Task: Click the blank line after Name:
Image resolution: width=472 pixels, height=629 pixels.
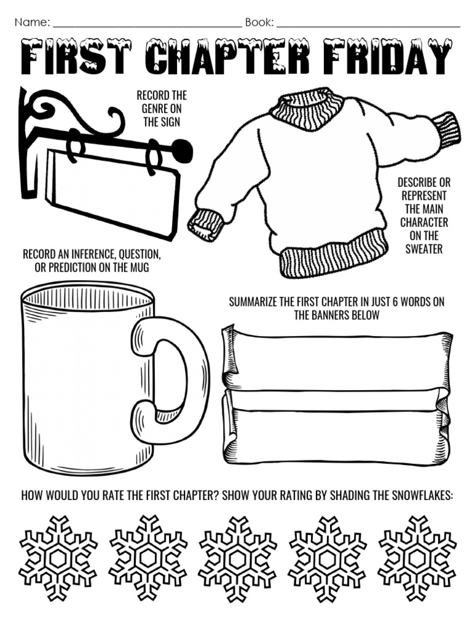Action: click(x=147, y=23)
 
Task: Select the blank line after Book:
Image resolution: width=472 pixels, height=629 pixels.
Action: click(x=368, y=23)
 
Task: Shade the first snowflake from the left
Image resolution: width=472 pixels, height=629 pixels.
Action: click(x=58, y=558)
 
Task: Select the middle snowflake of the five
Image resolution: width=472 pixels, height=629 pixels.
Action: click(x=237, y=558)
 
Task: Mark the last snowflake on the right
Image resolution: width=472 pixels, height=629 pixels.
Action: click(x=417, y=558)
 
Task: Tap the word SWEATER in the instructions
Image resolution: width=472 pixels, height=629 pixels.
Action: click(x=424, y=249)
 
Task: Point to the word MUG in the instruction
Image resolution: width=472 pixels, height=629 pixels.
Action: click(x=140, y=268)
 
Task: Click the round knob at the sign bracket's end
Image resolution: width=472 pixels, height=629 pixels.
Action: click(x=181, y=150)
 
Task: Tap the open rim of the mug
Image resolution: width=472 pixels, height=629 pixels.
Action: click(x=87, y=299)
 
